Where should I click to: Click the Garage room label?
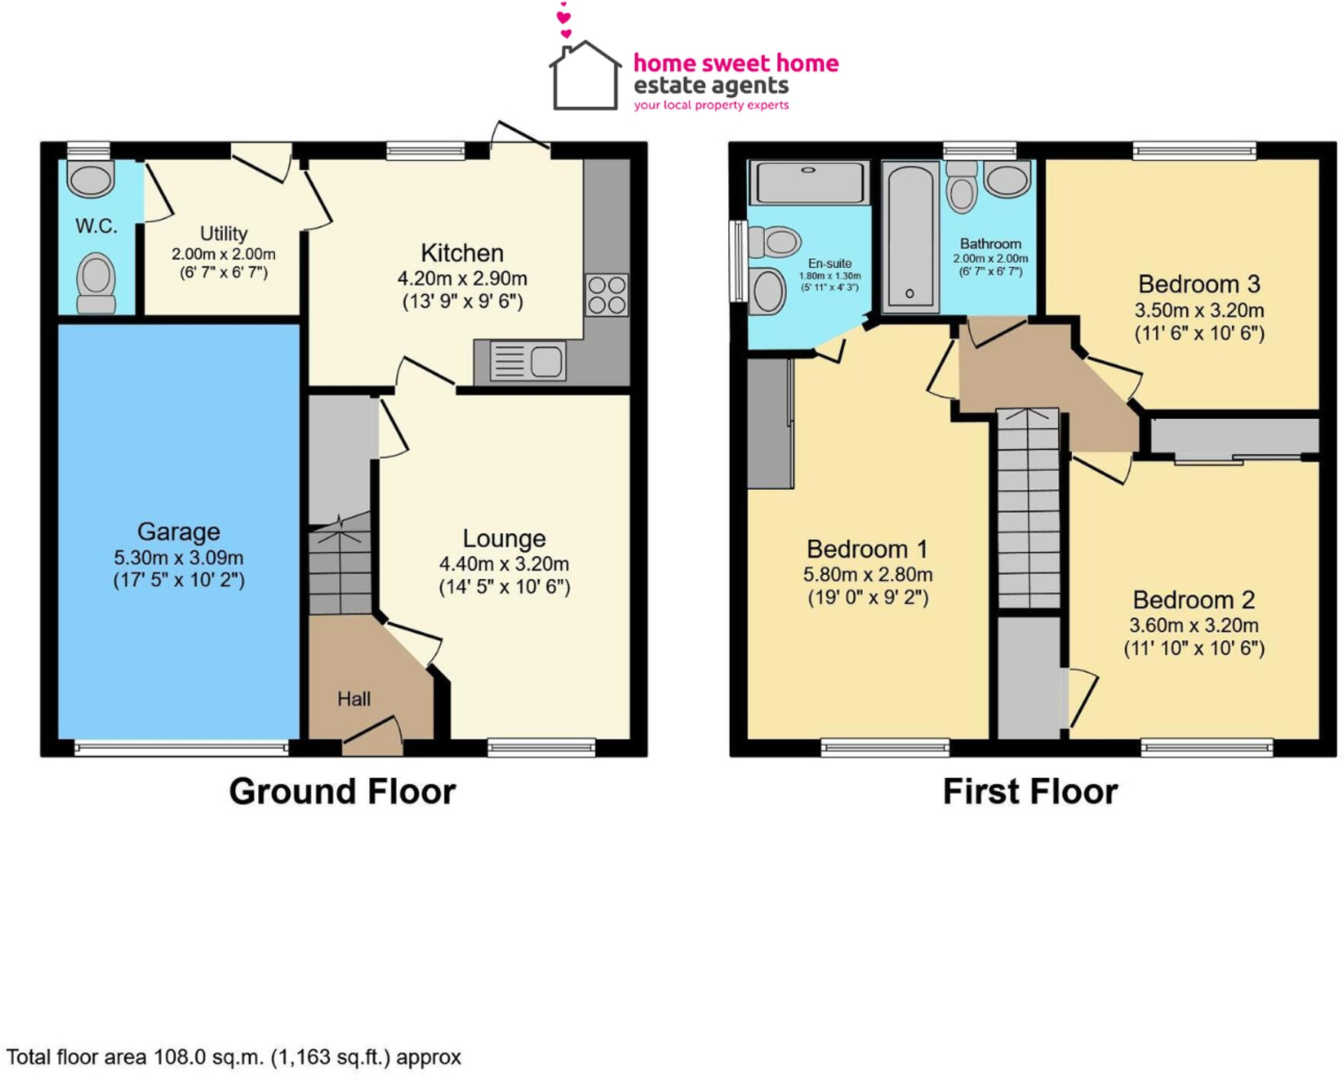point(178,531)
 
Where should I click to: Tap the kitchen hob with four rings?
point(606,295)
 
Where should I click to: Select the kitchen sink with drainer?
point(528,361)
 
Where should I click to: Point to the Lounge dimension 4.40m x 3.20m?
point(504,564)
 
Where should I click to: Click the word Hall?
point(354,698)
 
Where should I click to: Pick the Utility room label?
point(224,233)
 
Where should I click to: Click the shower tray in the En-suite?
point(809,182)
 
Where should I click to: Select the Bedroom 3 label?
point(1198,284)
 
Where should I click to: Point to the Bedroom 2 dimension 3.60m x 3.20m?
point(1193,625)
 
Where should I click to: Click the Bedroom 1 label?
point(867,549)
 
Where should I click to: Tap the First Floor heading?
point(1030,791)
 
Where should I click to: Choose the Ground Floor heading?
point(342,791)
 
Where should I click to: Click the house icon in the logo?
point(584,77)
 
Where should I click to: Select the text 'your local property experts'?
point(711,105)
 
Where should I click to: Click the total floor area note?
point(234,1058)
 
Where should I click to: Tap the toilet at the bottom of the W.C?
point(96,282)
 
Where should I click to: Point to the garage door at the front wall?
point(181,747)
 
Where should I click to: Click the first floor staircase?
point(1028,509)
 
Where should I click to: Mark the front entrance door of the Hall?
point(372,735)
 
